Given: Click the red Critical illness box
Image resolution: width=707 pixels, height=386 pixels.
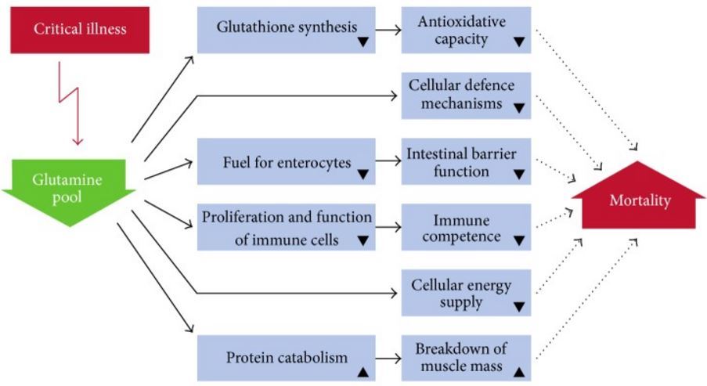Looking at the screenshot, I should (x=80, y=31).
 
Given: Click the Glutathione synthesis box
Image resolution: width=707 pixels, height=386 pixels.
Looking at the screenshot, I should (x=286, y=30).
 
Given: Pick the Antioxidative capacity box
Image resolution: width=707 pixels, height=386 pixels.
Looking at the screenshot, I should (x=466, y=30).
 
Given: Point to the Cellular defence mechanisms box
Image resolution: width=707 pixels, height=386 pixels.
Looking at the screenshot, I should (x=466, y=96).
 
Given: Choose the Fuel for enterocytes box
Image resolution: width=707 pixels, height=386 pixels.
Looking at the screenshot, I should (x=286, y=162).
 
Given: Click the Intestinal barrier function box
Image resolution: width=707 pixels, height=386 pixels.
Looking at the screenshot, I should (x=466, y=161).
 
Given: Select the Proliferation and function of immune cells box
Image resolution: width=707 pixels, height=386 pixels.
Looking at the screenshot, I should (x=286, y=227).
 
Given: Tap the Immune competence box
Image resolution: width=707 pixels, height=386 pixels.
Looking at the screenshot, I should (x=466, y=227).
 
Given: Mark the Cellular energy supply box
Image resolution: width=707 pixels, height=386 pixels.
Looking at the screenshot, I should (x=466, y=293).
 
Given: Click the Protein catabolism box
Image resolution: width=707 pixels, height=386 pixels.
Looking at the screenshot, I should (x=286, y=359).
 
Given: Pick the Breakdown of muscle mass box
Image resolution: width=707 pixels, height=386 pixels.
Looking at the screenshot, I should (x=466, y=358).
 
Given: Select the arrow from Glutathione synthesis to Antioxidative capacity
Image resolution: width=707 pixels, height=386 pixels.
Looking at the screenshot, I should (x=388, y=31).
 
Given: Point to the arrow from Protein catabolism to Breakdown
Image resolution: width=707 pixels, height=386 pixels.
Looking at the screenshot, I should (x=388, y=359).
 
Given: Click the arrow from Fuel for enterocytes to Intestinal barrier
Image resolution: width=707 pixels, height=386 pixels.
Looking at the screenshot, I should (x=388, y=162).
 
